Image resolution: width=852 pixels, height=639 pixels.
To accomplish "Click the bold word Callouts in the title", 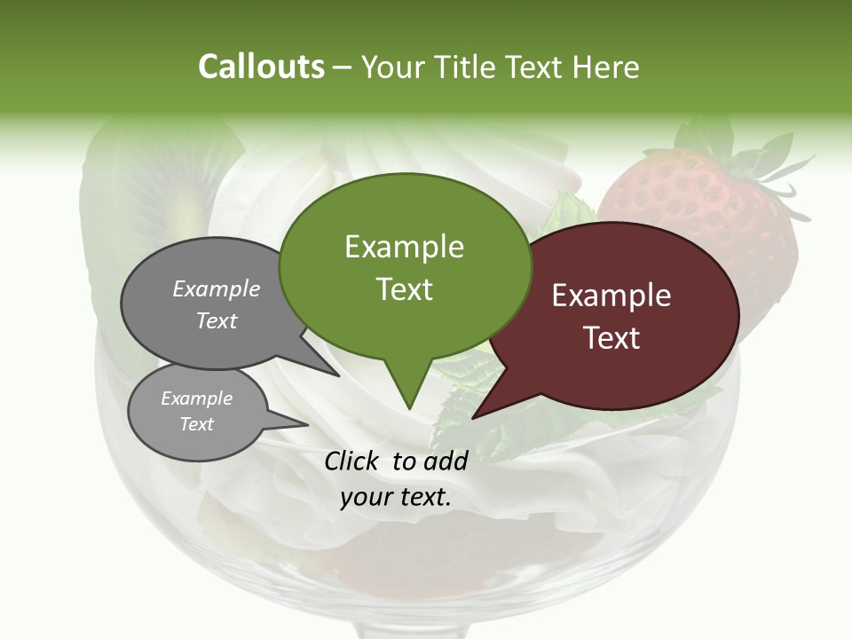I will coord(261,67).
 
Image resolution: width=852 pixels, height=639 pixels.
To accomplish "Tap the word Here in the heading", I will coord(605,67).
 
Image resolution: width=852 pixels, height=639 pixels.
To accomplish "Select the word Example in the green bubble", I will coord(404,247).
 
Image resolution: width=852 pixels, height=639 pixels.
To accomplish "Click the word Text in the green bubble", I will coord(405,289).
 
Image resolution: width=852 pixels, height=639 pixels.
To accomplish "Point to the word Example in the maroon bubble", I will coord(611,296).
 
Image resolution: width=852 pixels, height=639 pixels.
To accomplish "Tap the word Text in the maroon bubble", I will coord(611,338).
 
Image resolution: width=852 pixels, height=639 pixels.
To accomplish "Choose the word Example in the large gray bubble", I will coord(217,288).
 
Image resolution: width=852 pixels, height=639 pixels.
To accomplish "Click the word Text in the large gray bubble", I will coord(217,320).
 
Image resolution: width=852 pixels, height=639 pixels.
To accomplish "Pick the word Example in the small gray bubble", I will coord(197,398).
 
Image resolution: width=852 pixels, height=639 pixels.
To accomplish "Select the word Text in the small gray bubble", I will coord(197,424).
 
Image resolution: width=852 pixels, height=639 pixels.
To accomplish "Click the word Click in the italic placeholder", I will coord(353,461).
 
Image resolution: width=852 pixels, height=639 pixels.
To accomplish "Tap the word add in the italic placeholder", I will coord(446,461).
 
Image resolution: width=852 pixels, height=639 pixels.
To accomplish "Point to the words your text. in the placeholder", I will coord(396,498).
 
